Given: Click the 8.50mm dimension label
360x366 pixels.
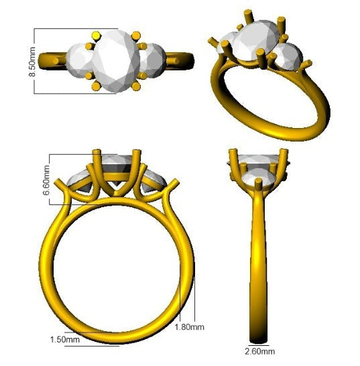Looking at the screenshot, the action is (x=32, y=62).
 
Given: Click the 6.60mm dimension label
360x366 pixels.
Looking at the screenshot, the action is (x=46, y=180).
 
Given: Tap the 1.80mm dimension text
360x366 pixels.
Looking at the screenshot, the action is (x=190, y=327).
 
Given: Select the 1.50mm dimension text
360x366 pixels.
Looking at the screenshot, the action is (x=65, y=339).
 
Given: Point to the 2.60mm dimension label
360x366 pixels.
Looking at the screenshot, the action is (x=260, y=351).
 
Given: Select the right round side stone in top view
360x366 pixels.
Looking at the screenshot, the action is (x=152, y=60).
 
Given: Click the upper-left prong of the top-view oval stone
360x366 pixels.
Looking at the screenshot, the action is (x=97, y=36).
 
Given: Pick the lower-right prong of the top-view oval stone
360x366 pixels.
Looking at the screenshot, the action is (x=136, y=86).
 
